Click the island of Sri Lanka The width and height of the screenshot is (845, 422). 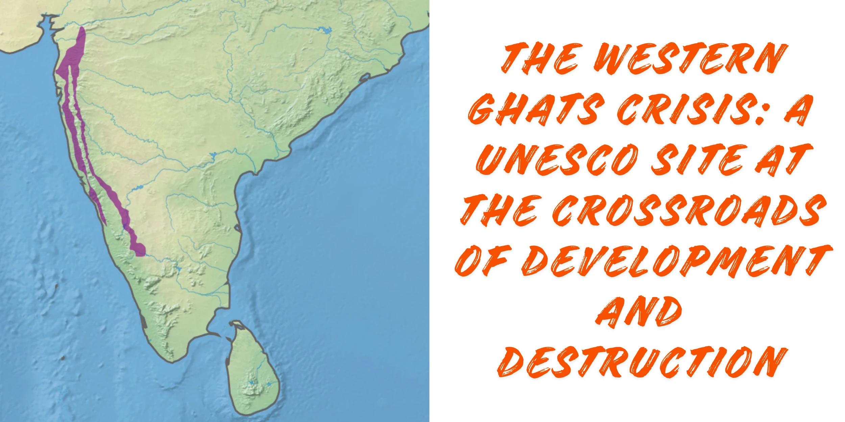coord(252,371)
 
